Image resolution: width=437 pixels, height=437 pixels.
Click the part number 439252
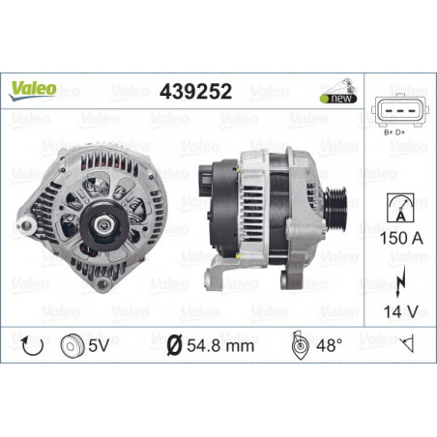(195, 91)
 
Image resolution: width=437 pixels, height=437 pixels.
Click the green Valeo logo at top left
(33, 90)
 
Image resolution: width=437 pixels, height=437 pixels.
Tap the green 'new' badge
(338, 99)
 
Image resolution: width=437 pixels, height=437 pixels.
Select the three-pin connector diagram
(400, 110)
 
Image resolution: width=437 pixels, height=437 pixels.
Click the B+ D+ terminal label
(394, 132)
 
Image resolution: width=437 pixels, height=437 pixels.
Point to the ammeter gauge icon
(400, 208)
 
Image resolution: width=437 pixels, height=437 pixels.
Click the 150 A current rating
(401, 238)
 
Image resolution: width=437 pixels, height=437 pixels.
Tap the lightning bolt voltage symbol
(400, 281)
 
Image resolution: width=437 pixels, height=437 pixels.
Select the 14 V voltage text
(400, 311)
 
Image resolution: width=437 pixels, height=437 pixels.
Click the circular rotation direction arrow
(32, 346)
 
